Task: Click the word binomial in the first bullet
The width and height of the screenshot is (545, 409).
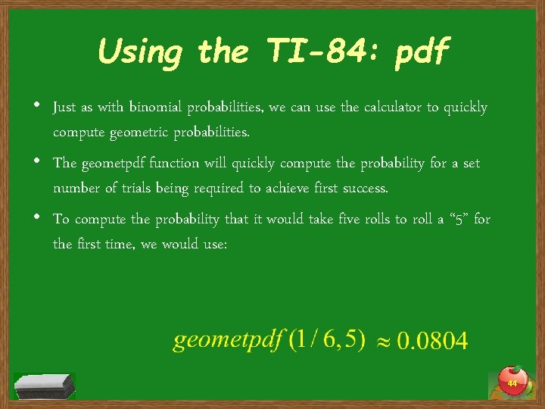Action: [157, 108]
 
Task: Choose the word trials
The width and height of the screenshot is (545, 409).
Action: [138, 188]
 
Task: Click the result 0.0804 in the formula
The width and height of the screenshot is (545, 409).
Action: [433, 342]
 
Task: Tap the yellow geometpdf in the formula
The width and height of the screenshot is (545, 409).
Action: [226, 341]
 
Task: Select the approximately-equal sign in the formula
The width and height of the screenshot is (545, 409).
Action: [383, 342]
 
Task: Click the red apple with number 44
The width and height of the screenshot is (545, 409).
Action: [512, 381]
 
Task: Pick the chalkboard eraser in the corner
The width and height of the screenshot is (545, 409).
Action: [44, 386]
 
